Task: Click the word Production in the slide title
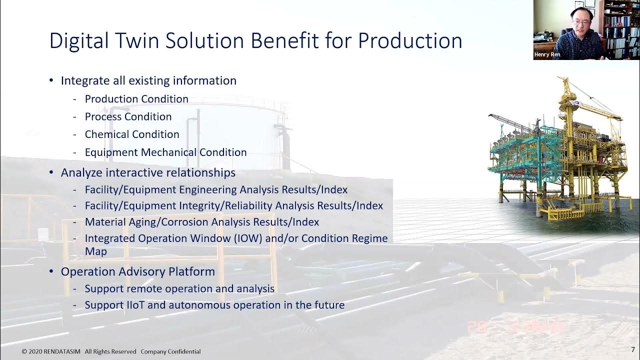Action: click(410, 41)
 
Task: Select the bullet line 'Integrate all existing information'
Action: click(148, 80)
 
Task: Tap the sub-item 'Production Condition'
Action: click(136, 99)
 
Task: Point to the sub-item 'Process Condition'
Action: click(128, 116)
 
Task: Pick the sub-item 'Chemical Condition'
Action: click(132, 134)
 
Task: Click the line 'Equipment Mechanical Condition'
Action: click(165, 152)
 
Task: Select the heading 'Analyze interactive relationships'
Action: click(148, 172)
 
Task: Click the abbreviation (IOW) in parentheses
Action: click(248, 238)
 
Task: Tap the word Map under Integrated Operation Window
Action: click(95, 251)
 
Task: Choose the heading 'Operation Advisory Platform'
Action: click(137, 271)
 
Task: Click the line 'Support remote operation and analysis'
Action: click(179, 288)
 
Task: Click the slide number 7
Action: click(632, 349)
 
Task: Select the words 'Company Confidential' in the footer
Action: click(170, 351)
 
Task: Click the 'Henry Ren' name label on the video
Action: click(547, 54)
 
